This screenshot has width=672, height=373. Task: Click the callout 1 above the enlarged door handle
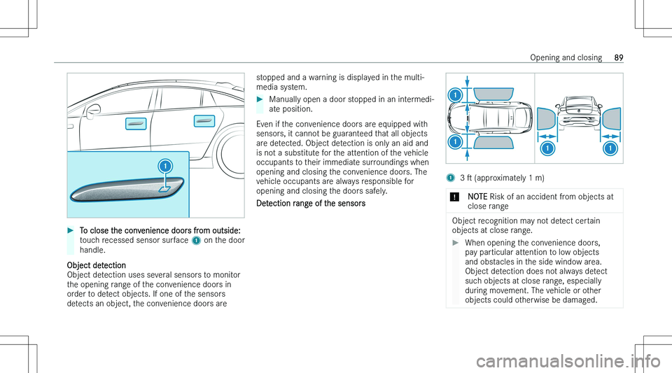point(164,167)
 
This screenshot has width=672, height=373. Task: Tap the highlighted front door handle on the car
point(136,124)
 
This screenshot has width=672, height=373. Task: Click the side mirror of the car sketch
point(92,109)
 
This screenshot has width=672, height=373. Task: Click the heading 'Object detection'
point(97,265)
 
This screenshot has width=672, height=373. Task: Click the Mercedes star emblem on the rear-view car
point(578,111)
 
